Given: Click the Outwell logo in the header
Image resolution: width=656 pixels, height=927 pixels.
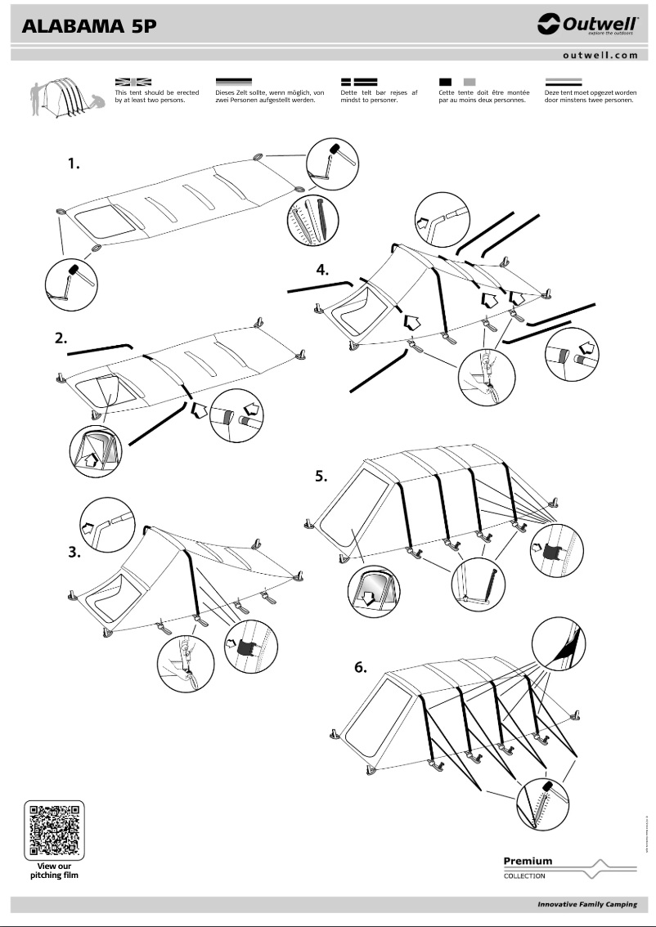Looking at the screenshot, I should pos(587,25).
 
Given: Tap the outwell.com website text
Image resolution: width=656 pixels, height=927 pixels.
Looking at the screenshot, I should pos(600,56).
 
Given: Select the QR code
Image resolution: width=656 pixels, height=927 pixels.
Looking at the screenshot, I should pos(54,829).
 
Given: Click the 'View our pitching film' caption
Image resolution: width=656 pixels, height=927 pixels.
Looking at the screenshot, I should pos(55,870).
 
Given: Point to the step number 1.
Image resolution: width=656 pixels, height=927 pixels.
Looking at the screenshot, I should pos(74,164).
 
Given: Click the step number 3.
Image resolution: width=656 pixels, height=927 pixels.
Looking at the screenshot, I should pos(74,552).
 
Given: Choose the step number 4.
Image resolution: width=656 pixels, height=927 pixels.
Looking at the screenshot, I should pos(324,271).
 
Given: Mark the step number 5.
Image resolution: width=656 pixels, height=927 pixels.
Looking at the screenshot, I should pos(323,477).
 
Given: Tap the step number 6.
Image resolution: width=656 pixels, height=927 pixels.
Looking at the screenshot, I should pos(361,667).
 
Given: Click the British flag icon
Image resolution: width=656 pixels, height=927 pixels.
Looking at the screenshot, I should pos(133,82).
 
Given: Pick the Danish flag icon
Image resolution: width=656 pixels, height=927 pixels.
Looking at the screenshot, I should pos(358,82).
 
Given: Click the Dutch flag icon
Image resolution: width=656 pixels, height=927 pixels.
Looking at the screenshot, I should pos(563,82).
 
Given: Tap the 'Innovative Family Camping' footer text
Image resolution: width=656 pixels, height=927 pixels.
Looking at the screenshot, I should pos(586,904).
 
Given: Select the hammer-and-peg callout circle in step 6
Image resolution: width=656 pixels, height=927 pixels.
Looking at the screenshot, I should pos(543,801).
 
